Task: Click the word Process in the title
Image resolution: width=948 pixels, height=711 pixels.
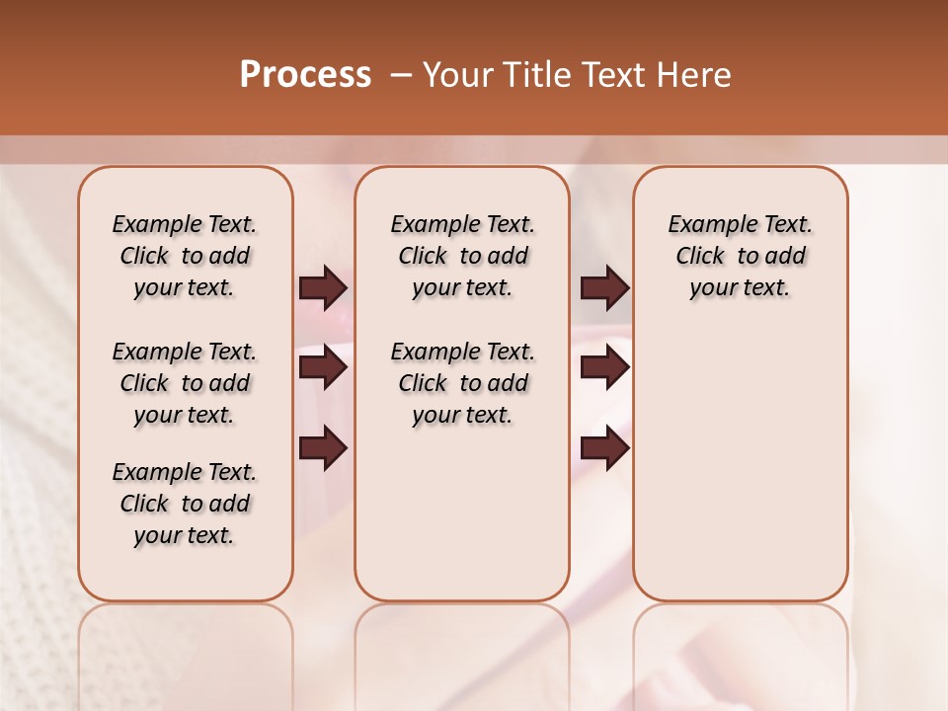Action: click(305, 75)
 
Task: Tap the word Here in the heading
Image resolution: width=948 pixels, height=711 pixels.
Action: click(695, 75)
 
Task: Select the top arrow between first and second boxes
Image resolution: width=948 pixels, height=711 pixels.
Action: click(322, 287)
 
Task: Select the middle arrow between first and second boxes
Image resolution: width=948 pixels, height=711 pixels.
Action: click(322, 367)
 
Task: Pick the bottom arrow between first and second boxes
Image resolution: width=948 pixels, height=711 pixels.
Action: click(322, 448)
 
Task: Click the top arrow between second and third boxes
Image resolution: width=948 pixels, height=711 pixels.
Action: click(603, 287)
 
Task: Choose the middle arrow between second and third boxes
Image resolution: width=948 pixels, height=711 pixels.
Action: click(603, 367)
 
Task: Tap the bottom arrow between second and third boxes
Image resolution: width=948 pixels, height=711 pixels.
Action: click(603, 448)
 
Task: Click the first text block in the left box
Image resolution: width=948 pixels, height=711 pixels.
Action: click(185, 256)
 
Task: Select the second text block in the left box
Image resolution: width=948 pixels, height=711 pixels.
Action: click(185, 383)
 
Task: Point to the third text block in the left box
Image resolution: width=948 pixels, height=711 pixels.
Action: click(185, 504)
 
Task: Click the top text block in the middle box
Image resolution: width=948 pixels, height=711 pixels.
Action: click(462, 256)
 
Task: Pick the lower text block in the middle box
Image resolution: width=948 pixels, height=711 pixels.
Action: click(462, 383)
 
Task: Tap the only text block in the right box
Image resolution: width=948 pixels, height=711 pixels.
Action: click(740, 256)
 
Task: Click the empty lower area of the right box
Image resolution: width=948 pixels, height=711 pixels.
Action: click(740, 464)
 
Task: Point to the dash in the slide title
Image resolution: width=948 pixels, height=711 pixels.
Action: click(401, 75)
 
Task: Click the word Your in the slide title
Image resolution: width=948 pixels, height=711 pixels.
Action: click(456, 75)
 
